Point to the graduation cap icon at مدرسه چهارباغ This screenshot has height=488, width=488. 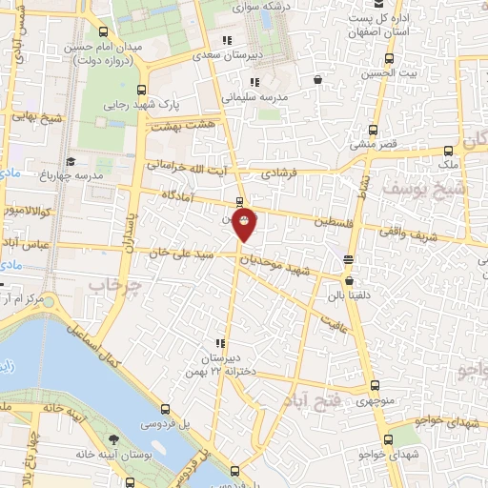(x=70, y=162)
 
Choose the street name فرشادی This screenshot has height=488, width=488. (x=280, y=173)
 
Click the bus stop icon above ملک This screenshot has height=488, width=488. (x=449, y=151)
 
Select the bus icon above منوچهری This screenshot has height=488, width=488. (x=375, y=387)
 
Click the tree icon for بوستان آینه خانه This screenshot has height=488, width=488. (x=114, y=438)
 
